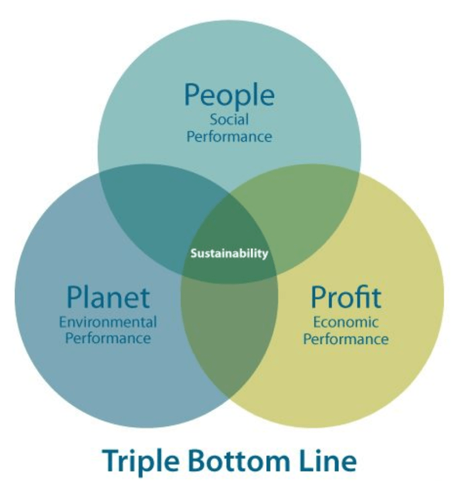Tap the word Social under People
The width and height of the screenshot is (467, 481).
tap(229, 119)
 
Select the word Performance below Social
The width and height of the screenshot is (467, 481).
tap(229, 137)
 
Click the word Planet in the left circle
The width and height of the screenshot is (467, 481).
tap(108, 297)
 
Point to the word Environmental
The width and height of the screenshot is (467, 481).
tap(108, 322)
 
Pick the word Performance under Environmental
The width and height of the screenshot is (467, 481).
tap(108, 339)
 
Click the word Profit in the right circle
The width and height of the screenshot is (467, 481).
tap(346, 297)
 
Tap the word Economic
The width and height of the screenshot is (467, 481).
tap(346, 322)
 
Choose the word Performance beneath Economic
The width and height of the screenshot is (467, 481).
tap(346, 339)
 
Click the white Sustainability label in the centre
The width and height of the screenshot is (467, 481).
tap(229, 253)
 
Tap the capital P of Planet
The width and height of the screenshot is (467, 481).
tap(74, 297)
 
